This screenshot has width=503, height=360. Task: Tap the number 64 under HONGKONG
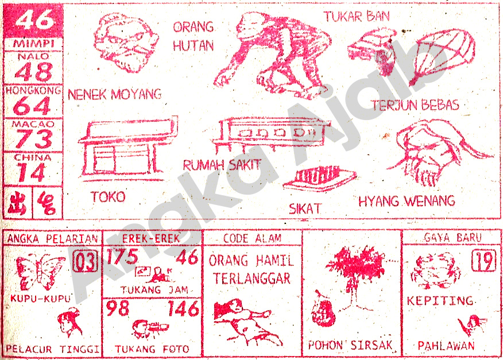(33, 106)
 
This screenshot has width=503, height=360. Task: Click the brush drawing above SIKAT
(319, 179)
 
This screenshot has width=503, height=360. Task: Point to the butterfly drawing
(40, 272)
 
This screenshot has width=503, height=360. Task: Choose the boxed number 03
(85, 263)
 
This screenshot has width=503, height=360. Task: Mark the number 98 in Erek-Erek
(117, 309)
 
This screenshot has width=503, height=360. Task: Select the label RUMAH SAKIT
(222, 165)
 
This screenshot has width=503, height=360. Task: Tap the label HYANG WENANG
(406, 201)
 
